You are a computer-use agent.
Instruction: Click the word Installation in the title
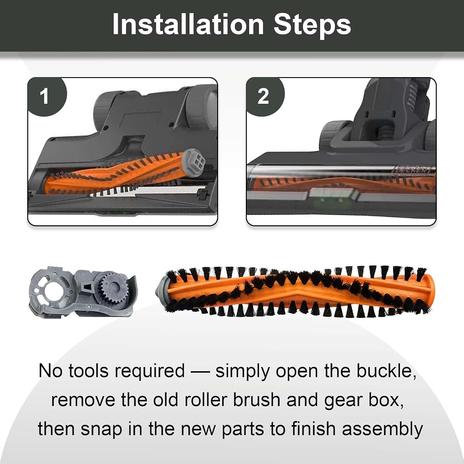[188, 24]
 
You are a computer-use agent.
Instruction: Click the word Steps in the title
[312, 25]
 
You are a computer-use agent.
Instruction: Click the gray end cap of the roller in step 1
[193, 162]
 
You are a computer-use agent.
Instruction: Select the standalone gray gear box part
[83, 292]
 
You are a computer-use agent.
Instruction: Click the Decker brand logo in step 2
[411, 170]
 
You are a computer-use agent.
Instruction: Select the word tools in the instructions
[88, 371]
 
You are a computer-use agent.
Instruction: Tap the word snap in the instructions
[102, 430]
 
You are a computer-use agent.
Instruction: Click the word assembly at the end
[382, 430]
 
